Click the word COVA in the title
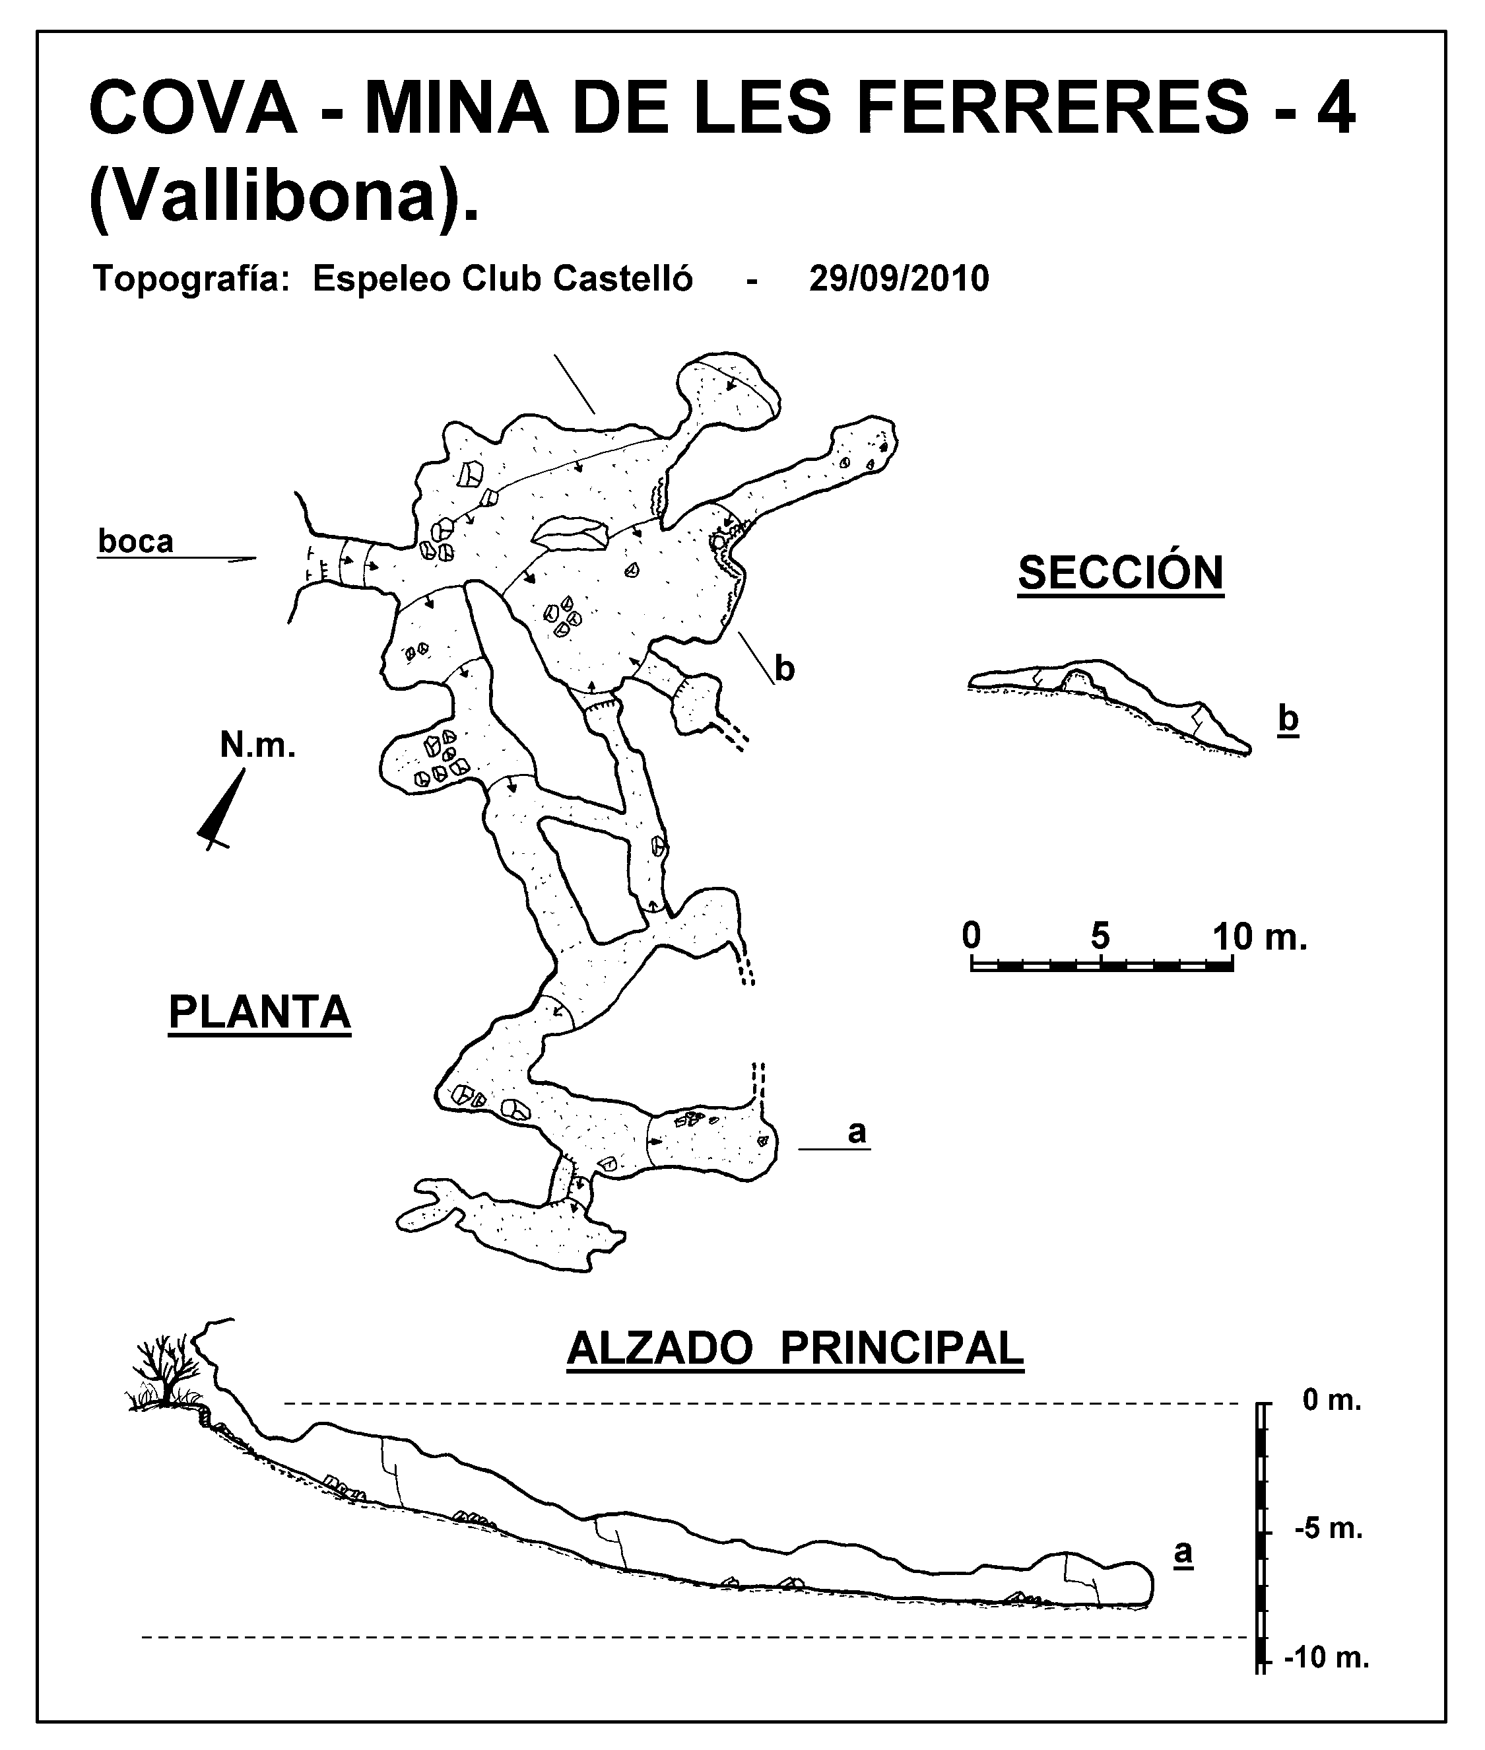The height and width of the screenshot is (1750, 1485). point(193,109)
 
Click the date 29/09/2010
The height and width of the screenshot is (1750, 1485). point(899,279)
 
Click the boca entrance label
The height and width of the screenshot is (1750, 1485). point(135,541)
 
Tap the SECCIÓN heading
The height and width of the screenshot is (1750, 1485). point(1121,573)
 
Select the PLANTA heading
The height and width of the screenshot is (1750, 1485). point(259,1012)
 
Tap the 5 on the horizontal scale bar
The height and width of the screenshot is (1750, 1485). point(1100,936)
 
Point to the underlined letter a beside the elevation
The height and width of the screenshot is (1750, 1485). point(1183,1552)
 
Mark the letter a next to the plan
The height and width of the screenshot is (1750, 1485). point(856,1132)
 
